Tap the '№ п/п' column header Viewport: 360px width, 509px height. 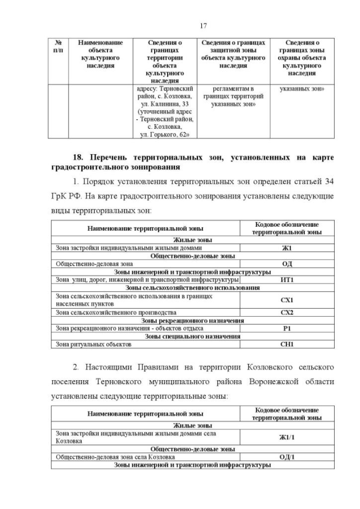coord(58,46)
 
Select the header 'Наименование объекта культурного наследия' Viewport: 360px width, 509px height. coord(100,54)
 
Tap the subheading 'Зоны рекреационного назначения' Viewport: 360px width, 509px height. coord(193,320)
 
